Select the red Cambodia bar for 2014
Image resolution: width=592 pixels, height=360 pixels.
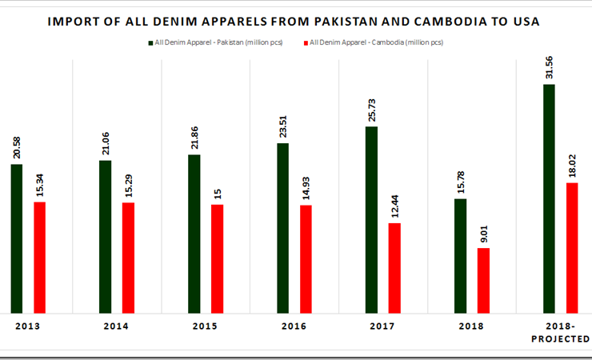[128, 257]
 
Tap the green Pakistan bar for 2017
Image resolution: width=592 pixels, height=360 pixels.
[371, 219]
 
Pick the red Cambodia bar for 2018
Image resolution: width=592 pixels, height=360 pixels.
[482, 280]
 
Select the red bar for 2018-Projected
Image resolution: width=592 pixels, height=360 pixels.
[572, 247]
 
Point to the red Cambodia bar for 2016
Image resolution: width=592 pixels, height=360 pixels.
[306, 258]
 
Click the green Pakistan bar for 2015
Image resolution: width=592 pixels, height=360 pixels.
[194, 233]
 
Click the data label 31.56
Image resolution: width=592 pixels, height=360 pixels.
[550, 66]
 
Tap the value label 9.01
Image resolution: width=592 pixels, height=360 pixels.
[483, 233]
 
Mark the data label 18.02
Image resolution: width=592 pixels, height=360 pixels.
[572, 166]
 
